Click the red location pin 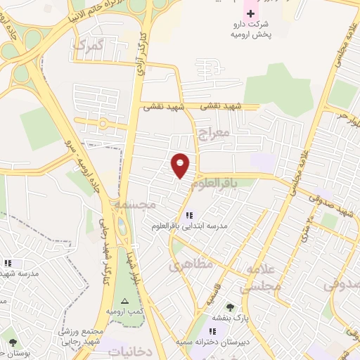tap(181, 165)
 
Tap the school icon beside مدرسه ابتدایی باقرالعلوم tap(188, 215)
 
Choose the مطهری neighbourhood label tap(186, 266)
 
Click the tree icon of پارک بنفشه tap(230, 307)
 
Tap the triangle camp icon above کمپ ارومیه tap(124, 300)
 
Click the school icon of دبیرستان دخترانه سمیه tap(213, 330)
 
